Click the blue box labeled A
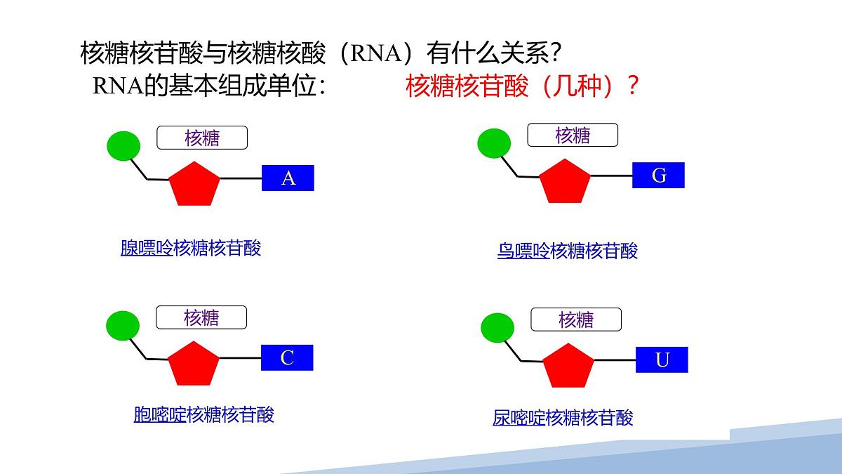click(288, 178)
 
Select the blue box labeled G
click(658, 175)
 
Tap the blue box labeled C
click(287, 358)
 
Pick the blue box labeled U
click(662, 360)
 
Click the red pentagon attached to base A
click(194, 185)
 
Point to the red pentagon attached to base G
click(565, 182)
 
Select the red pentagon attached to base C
click(194, 364)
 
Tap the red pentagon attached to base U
click(568, 367)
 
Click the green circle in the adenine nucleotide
click(123, 145)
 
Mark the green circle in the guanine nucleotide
click(494, 143)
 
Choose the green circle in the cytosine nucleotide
click(123, 325)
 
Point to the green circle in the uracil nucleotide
click(497, 328)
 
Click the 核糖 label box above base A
click(202, 138)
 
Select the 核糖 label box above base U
click(576, 320)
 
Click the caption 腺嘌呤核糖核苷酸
click(190, 248)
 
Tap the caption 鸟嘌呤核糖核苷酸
click(567, 251)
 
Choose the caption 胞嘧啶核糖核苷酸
click(203, 414)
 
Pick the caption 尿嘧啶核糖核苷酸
click(563, 418)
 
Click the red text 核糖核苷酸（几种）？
click(522, 86)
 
